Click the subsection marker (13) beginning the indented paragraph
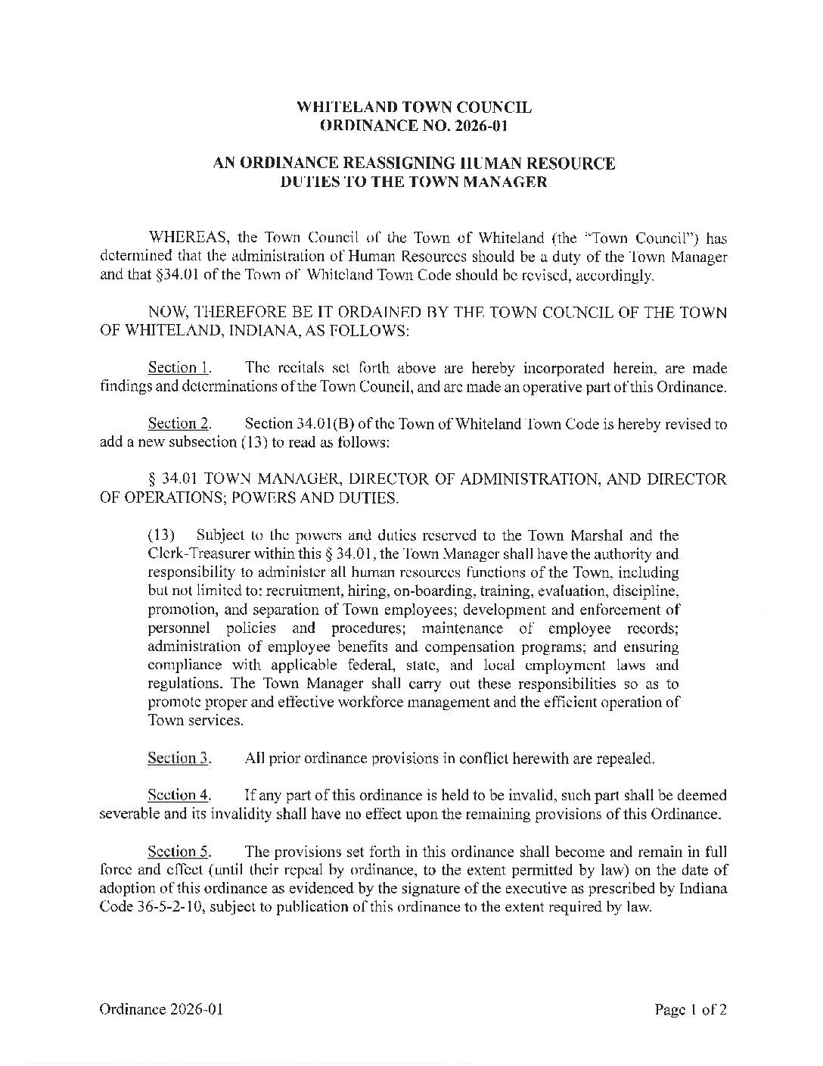pos(160,536)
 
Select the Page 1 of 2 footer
pos(691,1009)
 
